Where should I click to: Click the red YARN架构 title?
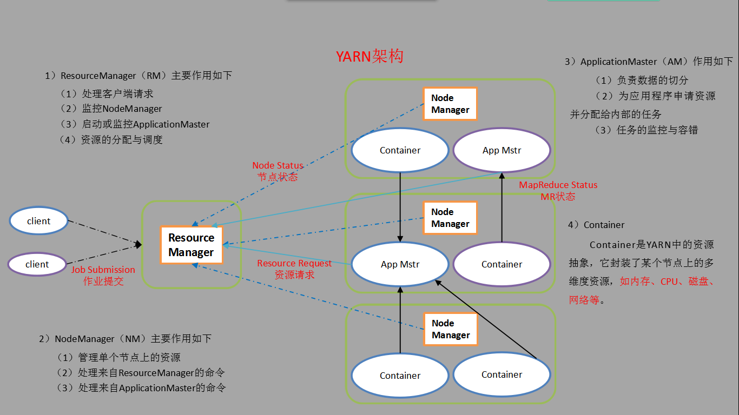point(369,57)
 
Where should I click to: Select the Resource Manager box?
point(191,245)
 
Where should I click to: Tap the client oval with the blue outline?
point(38,221)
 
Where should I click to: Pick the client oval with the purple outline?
point(37,264)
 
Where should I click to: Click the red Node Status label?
point(278,165)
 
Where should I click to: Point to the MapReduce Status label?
point(558,185)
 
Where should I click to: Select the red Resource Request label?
point(294,263)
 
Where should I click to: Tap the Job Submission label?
point(103,270)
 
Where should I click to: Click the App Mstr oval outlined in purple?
point(502,150)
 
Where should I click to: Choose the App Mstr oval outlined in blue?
point(400,264)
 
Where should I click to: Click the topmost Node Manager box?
point(450,104)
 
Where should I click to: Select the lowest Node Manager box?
point(450,329)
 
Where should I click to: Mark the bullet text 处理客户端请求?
point(117,93)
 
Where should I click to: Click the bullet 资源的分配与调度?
point(121,139)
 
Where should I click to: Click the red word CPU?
point(671,282)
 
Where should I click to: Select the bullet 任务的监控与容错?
point(657,130)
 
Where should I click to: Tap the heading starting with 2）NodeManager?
point(125,339)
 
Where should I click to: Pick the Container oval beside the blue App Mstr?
point(502,264)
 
